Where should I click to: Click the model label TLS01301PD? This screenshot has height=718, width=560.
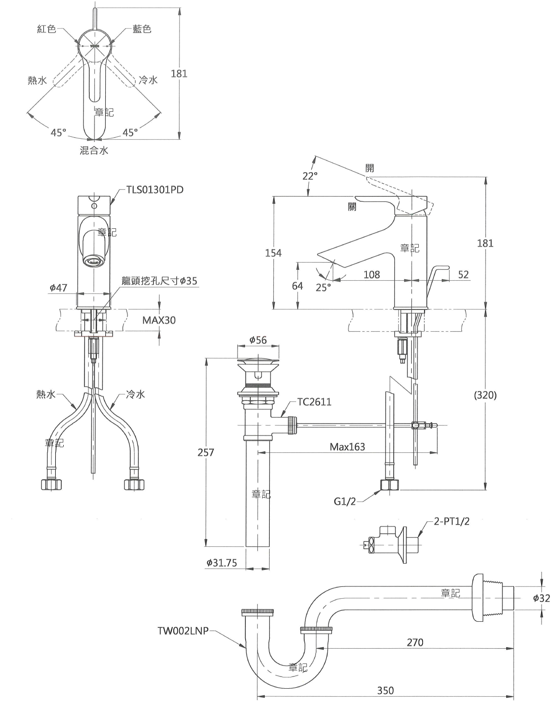[x=154, y=190]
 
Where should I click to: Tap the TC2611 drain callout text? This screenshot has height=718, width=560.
[x=314, y=402]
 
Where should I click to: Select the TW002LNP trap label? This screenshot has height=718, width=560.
[x=183, y=631]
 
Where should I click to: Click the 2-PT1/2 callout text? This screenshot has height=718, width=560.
[x=451, y=521]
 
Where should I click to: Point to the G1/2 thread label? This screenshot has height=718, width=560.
[x=345, y=501]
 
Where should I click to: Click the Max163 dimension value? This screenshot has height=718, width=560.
[x=348, y=447]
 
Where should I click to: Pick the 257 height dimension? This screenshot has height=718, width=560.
[x=205, y=452]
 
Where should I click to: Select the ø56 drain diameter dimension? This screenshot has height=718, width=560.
[x=258, y=340]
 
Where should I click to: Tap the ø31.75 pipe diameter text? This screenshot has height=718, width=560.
[x=222, y=563]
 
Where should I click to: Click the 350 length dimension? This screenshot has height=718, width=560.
[x=385, y=690]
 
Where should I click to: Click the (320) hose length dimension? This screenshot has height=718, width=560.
[x=485, y=395]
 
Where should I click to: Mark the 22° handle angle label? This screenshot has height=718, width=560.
[x=310, y=176]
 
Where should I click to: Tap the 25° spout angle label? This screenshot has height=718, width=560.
[x=323, y=287]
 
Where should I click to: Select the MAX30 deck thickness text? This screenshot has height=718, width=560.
[x=159, y=320]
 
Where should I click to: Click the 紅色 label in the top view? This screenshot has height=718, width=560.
[x=47, y=29]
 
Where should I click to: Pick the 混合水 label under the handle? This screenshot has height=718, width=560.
[x=94, y=150]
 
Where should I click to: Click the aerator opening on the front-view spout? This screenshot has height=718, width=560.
[x=93, y=261]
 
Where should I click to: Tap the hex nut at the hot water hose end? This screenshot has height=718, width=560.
[x=51, y=485]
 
